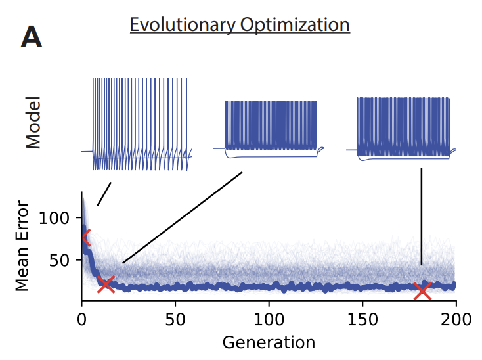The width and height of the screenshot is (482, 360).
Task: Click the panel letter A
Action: (x=32, y=38)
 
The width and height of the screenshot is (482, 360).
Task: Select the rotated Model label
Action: (x=33, y=122)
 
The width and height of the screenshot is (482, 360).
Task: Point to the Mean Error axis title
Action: (x=23, y=245)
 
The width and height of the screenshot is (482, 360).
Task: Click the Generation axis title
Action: (x=269, y=342)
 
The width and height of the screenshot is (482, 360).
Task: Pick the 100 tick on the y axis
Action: (x=53, y=217)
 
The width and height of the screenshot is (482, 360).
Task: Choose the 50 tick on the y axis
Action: (x=59, y=259)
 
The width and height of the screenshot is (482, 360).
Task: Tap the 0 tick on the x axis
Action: (x=82, y=320)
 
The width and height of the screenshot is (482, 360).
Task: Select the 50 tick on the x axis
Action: (x=175, y=320)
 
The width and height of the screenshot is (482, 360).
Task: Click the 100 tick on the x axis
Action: (x=269, y=320)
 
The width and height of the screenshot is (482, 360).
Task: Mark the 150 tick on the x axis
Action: (x=362, y=320)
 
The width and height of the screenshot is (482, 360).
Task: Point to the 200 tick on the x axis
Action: (x=455, y=320)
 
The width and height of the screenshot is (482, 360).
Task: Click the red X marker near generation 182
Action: (x=422, y=290)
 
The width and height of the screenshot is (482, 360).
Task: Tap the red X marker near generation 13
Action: (x=106, y=284)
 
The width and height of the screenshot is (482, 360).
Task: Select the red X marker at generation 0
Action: (x=84, y=238)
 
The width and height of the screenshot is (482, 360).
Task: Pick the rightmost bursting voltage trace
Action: (x=403, y=127)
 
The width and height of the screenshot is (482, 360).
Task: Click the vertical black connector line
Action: (x=422, y=217)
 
